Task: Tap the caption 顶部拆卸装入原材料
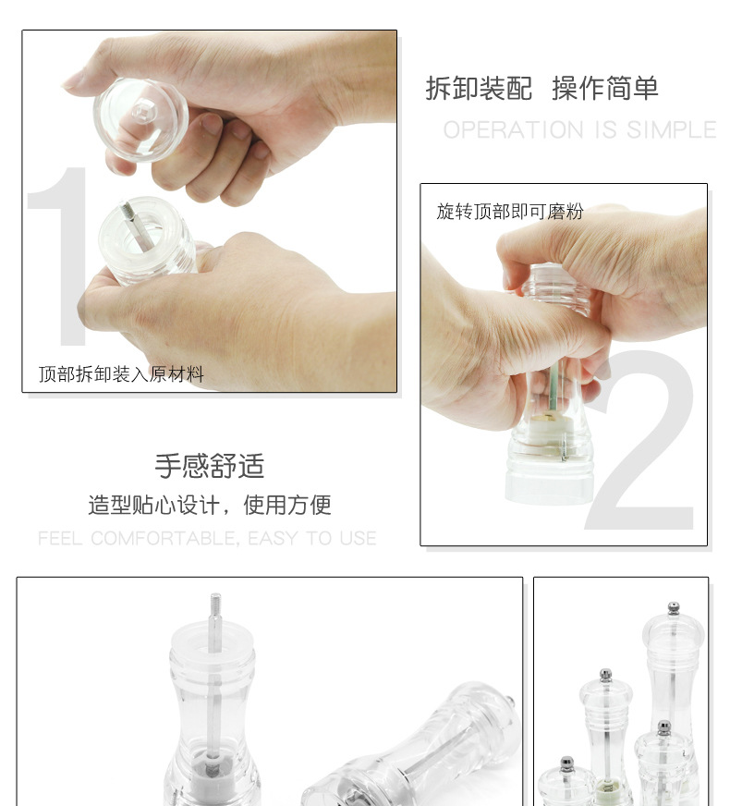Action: click(x=121, y=374)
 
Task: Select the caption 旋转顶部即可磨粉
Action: click(x=510, y=212)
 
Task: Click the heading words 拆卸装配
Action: click(x=479, y=89)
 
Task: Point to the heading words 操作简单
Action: click(x=605, y=89)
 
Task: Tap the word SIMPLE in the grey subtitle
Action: click(x=672, y=130)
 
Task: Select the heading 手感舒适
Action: click(x=210, y=466)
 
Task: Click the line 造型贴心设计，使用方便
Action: click(x=210, y=506)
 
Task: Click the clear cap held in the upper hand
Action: click(x=141, y=118)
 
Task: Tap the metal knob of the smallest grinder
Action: click(x=566, y=763)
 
